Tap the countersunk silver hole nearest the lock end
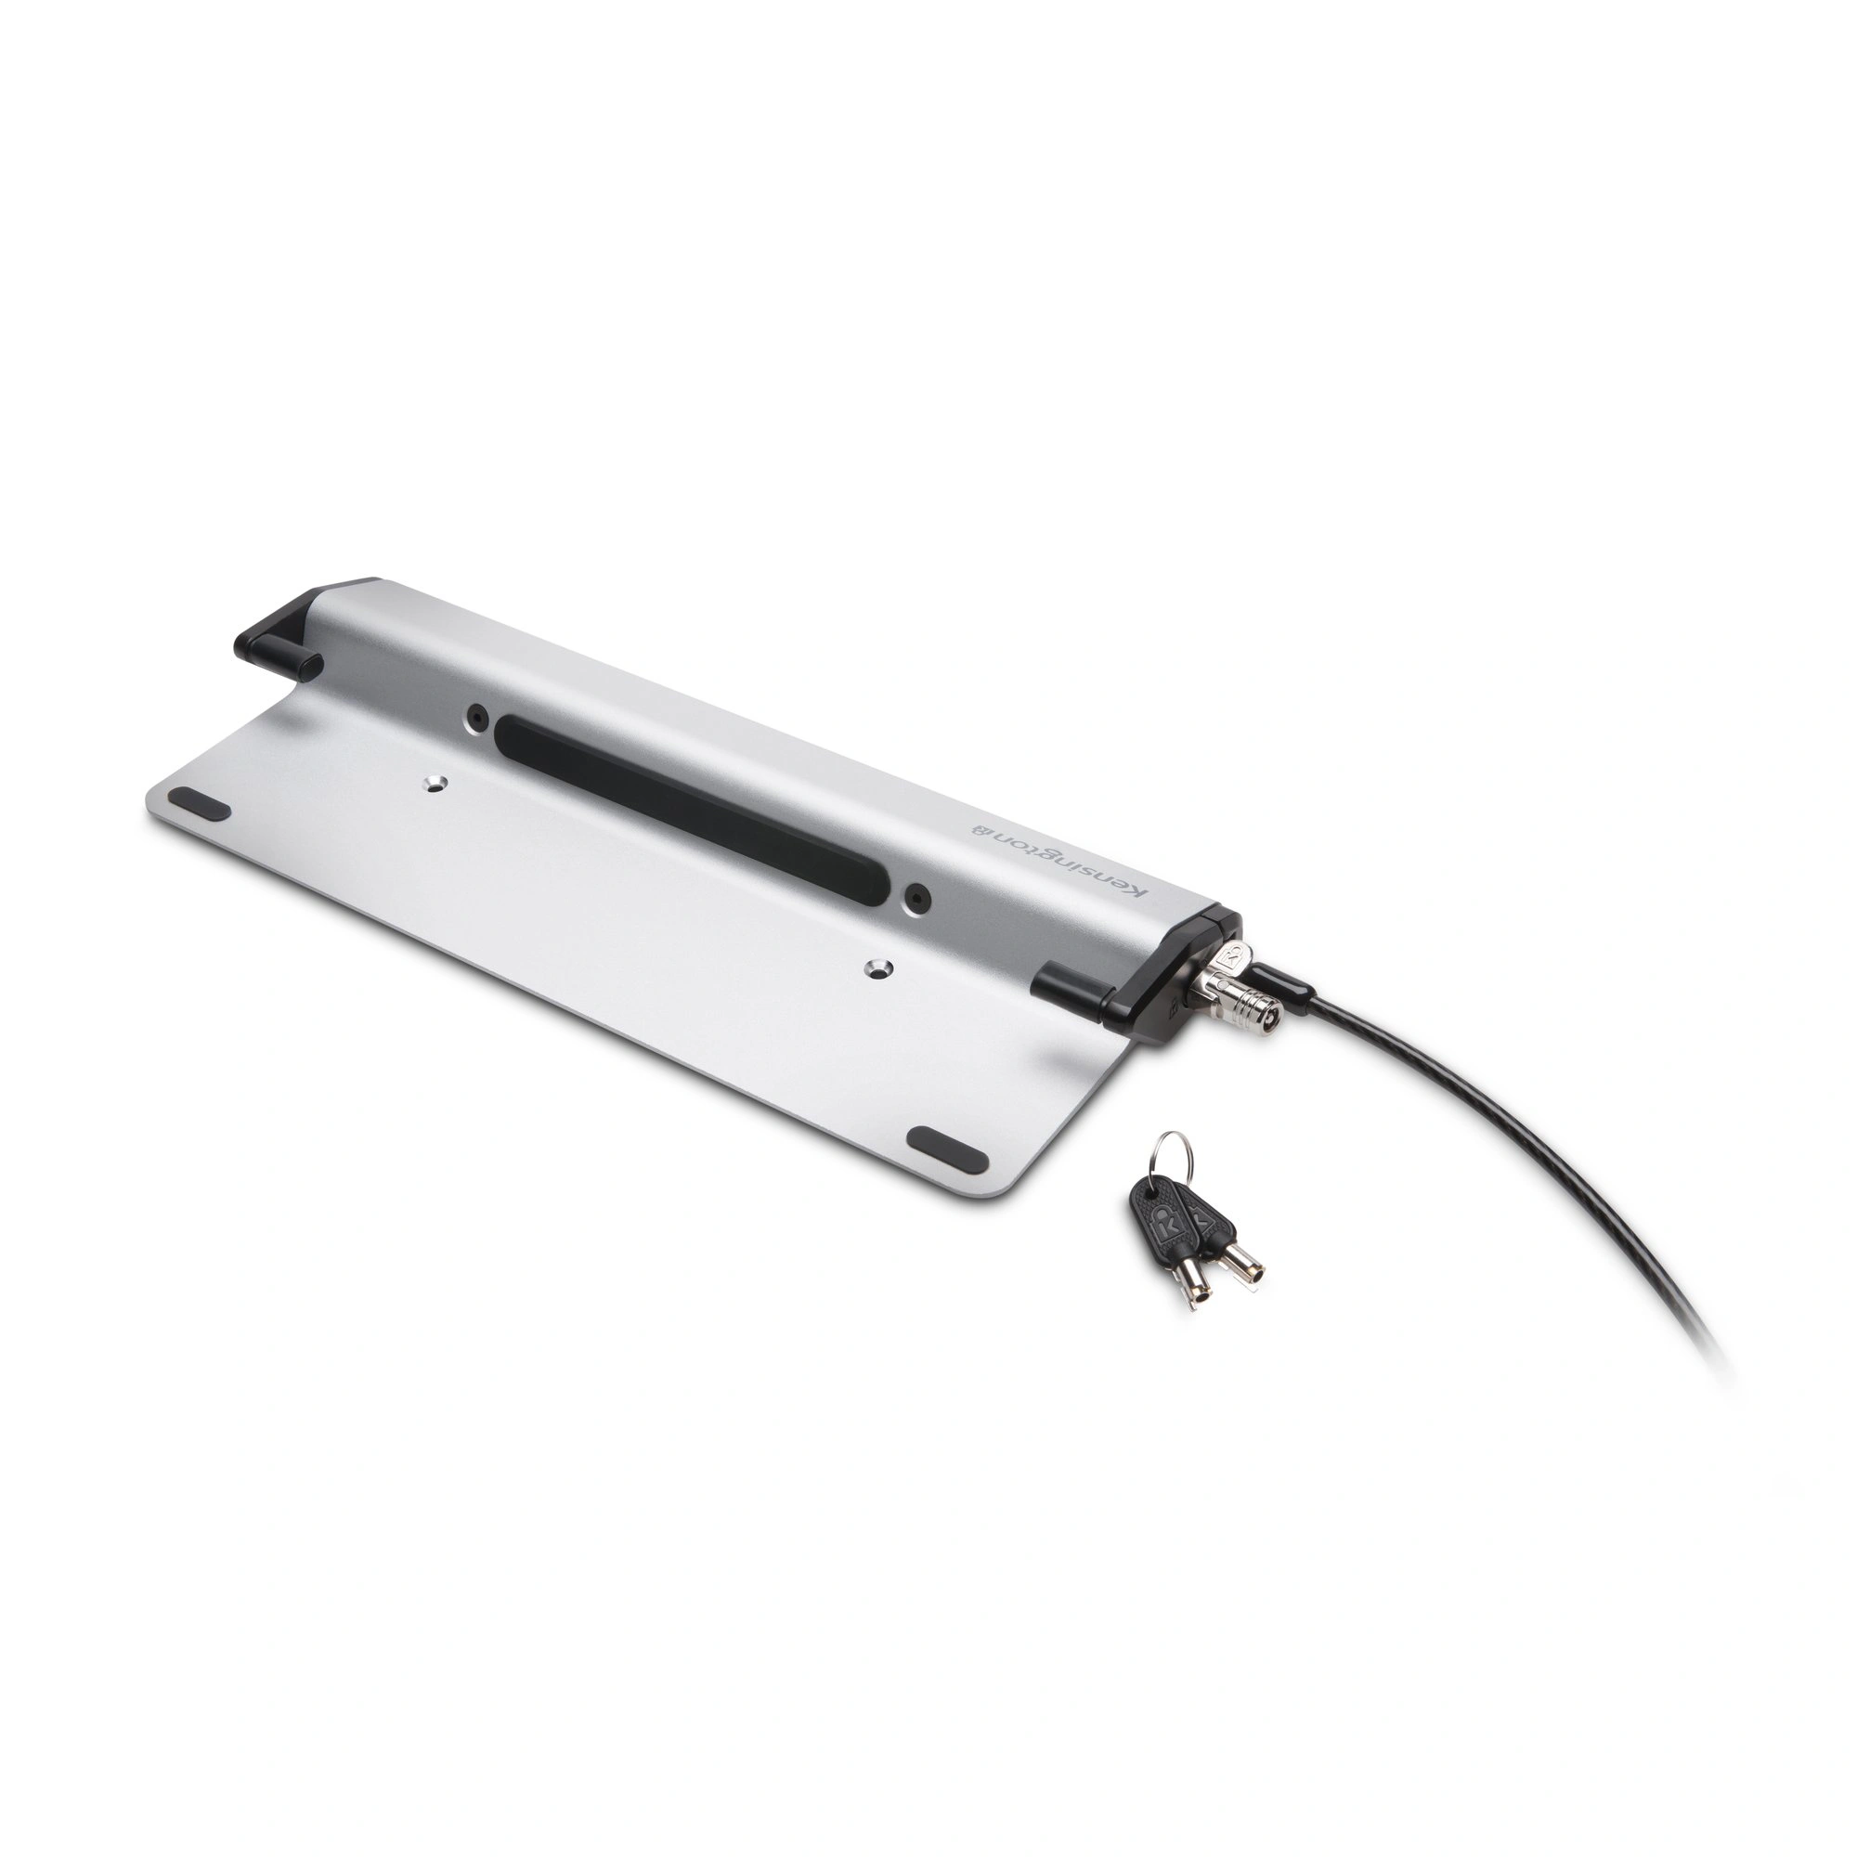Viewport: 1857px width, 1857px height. (877, 968)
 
